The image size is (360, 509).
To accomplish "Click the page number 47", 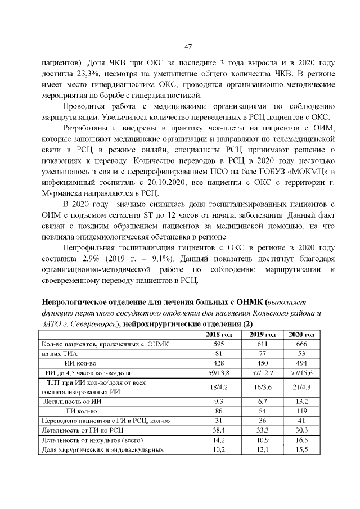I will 188,47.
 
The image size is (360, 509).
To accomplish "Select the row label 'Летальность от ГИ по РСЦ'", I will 79,429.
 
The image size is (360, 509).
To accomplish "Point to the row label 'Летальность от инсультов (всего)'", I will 90,439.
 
